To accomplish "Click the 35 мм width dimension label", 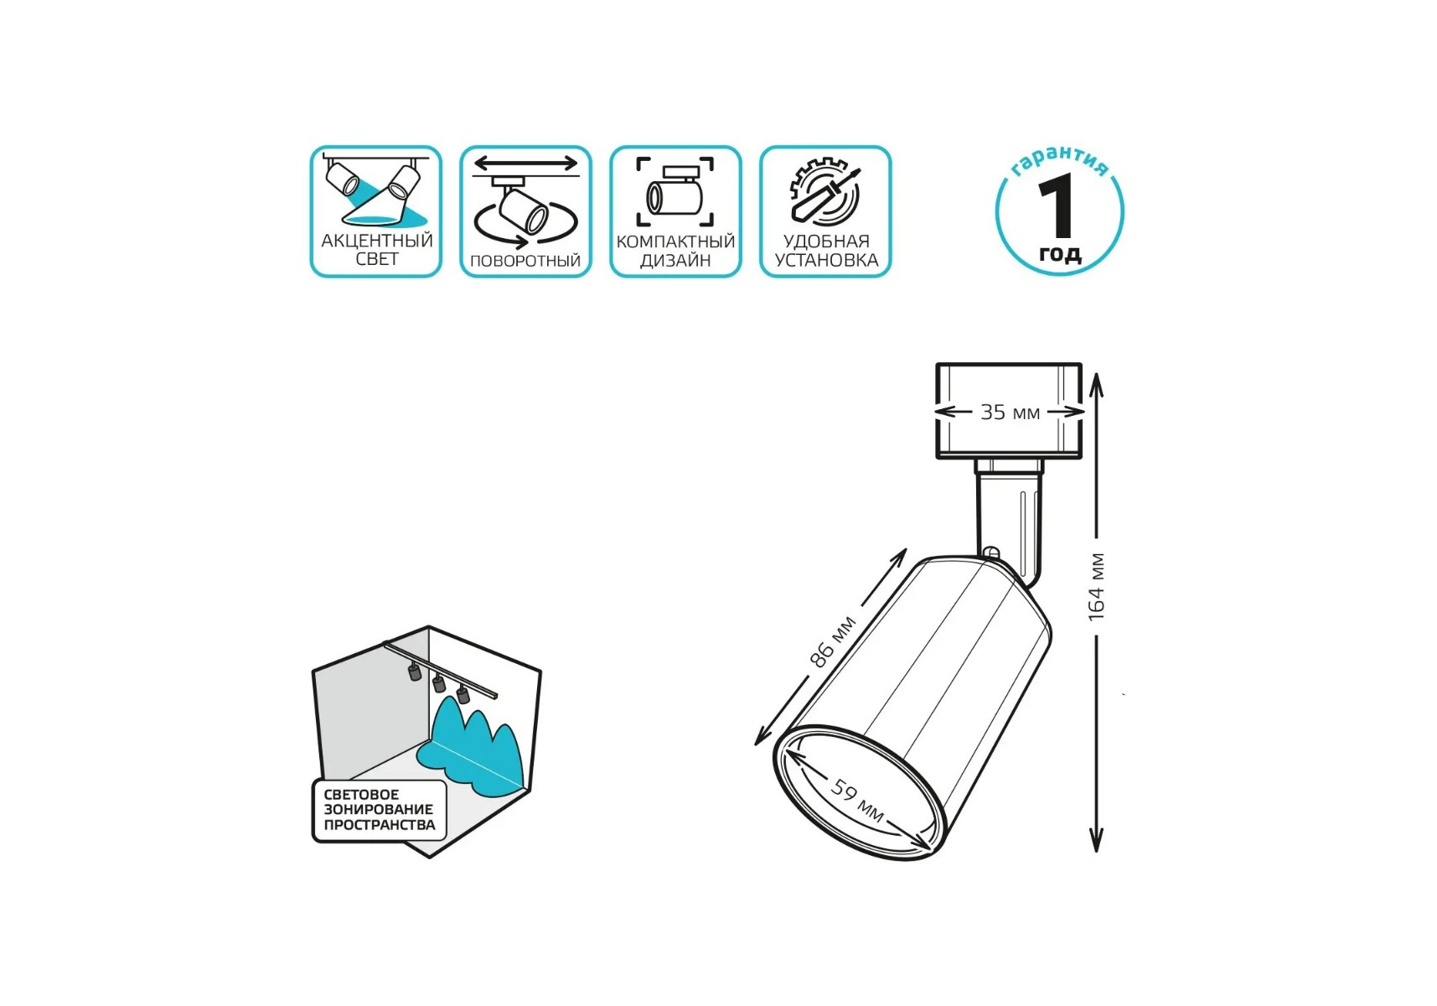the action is click(1010, 412).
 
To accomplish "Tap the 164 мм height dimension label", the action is click(1096, 587).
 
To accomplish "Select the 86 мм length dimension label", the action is click(832, 641).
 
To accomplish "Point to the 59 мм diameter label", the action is click(857, 801).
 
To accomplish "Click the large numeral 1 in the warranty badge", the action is click(1057, 205).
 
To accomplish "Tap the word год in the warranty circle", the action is click(1060, 253).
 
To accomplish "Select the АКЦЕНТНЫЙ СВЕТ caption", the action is click(376, 249).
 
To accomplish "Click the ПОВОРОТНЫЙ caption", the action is click(525, 261).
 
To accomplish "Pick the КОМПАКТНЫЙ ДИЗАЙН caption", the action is click(675, 251).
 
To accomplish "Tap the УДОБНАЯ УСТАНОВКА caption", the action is click(826, 251).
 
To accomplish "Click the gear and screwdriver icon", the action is click(825, 191).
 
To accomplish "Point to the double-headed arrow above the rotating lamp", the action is click(525, 163).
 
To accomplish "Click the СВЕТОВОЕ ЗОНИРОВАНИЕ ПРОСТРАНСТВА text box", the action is click(380, 810).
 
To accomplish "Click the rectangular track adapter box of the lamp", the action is click(1009, 411).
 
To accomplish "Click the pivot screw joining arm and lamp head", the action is click(990, 553).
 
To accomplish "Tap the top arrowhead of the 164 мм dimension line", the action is click(1096, 384).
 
